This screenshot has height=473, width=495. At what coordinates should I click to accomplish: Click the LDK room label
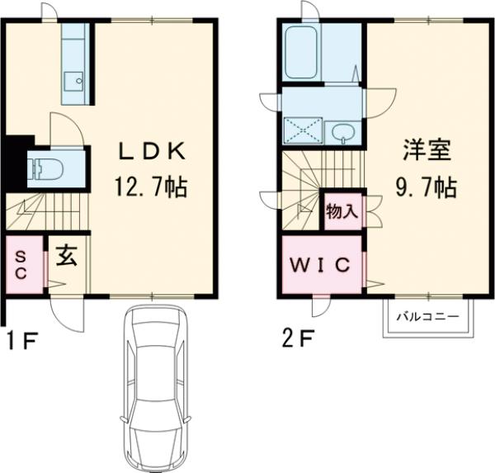(151, 150)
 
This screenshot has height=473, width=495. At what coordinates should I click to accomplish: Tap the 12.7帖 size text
(151, 187)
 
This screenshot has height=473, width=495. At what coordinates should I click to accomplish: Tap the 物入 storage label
(342, 211)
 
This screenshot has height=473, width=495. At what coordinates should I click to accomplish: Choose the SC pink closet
(22, 265)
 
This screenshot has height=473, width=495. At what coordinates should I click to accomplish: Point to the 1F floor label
(19, 339)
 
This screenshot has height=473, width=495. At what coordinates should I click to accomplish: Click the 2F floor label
(295, 339)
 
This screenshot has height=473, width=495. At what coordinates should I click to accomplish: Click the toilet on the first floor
(45, 169)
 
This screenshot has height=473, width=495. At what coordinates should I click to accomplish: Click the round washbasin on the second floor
(342, 132)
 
